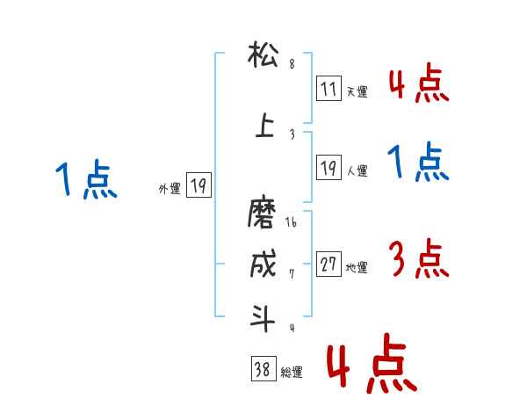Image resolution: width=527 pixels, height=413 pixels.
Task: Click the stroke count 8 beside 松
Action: point(292,64)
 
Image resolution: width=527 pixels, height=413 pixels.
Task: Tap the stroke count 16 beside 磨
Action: point(292,223)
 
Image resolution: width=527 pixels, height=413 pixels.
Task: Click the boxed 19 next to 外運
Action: point(199,185)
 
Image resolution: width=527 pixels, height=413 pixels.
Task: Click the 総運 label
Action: point(292,373)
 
